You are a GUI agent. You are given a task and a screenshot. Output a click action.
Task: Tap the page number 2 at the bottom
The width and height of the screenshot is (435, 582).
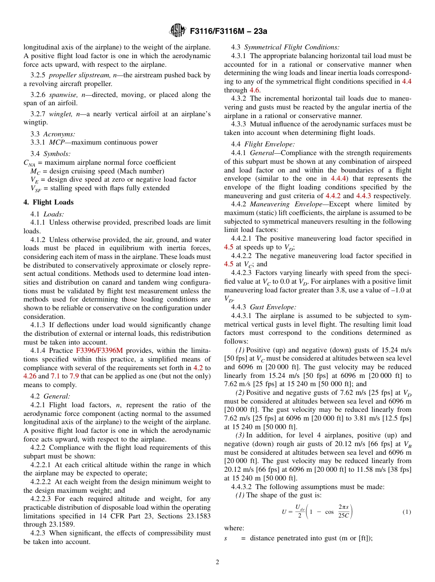coord(217,562)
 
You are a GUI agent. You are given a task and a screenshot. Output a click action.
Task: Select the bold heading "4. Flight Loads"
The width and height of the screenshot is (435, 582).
coord(48,202)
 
